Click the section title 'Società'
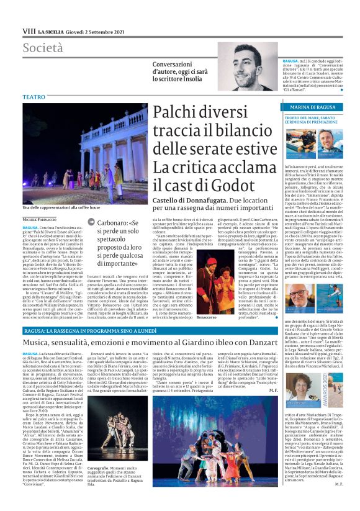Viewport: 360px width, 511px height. coord(43,48)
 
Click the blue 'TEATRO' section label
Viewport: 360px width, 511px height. coord(34,97)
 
